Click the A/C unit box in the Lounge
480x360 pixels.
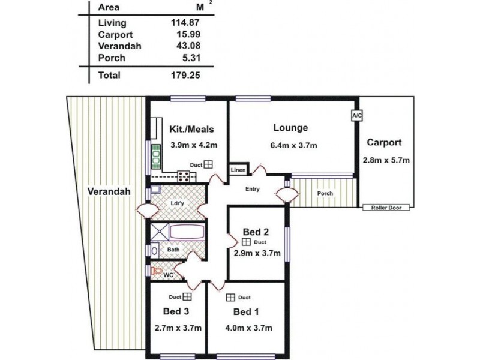356,116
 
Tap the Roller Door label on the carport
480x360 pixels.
386,208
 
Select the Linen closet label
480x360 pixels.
238,170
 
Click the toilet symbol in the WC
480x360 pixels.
157,271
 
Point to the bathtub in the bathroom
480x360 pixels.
187,232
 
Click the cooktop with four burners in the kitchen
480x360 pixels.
184,176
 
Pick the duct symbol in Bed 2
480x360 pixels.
246,242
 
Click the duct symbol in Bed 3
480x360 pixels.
187,296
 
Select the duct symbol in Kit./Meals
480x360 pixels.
208,164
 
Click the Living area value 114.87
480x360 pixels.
185,22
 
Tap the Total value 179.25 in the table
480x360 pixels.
185,76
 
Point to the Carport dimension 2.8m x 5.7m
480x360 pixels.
386,160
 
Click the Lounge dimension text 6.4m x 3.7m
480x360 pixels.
293,145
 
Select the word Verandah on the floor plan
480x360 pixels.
109,191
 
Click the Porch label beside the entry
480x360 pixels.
325,193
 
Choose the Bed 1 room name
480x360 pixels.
246,312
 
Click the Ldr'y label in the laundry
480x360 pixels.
177,203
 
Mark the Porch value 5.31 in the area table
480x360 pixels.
191,58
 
